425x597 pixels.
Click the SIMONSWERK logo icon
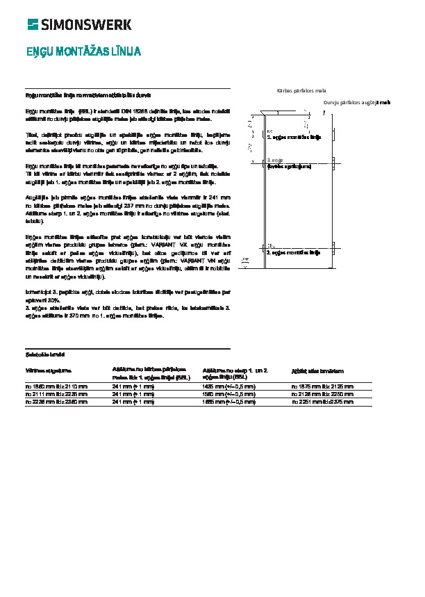pos(33,24)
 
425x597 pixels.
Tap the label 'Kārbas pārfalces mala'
pos(301,91)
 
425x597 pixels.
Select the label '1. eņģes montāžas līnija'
pos(294,138)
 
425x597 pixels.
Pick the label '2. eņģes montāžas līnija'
pos(294,252)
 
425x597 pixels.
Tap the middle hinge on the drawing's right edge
pos(334,163)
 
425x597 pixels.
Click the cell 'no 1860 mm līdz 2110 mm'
pos(57,385)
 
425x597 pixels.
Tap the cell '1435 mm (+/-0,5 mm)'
pos(229,385)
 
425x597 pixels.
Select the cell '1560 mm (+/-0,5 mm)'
pos(229,393)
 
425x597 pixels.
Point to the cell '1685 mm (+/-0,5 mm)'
pos(229,402)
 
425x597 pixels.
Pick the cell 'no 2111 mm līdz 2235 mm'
pos(57,393)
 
